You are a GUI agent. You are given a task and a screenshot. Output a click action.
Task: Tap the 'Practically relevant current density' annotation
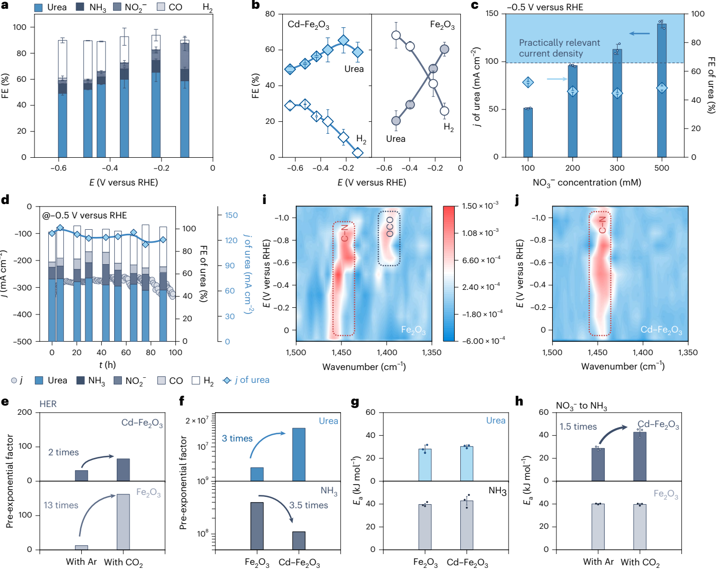click(x=559, y=48)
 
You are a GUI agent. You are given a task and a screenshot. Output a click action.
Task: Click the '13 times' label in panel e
click(x=61, y=505)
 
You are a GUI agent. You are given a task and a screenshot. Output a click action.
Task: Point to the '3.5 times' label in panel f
click(x=309, y=505)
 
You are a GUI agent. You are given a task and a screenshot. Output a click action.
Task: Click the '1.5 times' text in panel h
click(x=578, y=427)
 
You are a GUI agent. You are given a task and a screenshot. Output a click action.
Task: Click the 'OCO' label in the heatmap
click(x=389, y=227)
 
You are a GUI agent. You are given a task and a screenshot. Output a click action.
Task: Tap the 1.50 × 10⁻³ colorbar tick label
click(x=480, y=206)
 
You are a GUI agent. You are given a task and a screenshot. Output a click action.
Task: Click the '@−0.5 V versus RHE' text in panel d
click(x=84, y=215)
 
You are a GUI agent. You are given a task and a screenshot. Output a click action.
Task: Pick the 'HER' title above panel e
click(x=48, y=404)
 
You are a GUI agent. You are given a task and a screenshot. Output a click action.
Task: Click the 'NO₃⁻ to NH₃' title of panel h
click(x=581, y=406)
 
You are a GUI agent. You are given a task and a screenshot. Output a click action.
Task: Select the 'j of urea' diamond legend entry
click(x=246, y=380)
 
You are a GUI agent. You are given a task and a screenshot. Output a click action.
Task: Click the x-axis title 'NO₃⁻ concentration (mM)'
click(x=587, y=182)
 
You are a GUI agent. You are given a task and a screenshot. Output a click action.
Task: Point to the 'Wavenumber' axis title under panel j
click(x=622, y=366)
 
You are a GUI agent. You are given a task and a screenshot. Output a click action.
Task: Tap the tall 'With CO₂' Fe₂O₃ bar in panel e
click(x=123, y=522)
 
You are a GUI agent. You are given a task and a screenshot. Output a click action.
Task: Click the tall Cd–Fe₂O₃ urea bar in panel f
click(x=299, y=454)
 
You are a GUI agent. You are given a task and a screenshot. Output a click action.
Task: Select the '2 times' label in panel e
click(x=63, y=452)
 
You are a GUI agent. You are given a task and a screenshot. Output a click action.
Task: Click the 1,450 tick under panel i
click(x=341, y=353)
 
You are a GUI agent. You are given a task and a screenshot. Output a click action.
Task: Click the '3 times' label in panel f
click(x=237, y=438)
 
